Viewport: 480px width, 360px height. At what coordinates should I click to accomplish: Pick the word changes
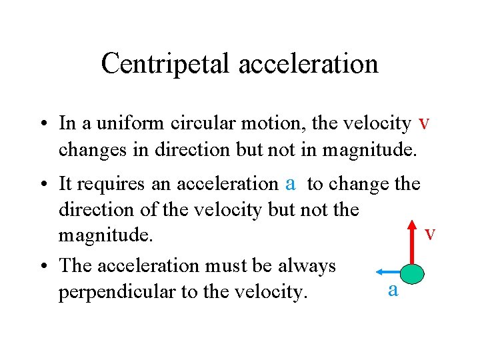[92, 150]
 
